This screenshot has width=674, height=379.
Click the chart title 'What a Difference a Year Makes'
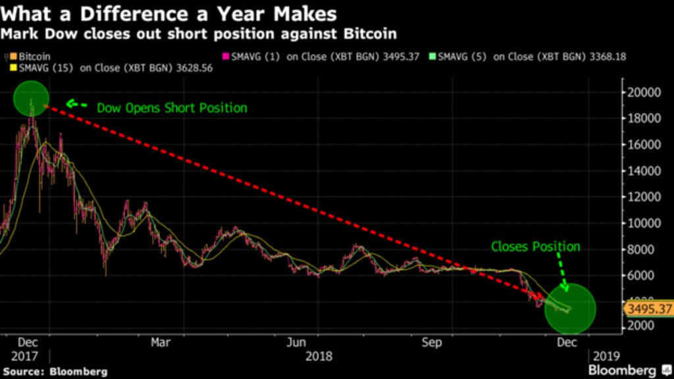[170, 13]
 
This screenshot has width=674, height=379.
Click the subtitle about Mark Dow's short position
[199, 32]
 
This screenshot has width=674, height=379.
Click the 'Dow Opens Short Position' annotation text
[172, 107]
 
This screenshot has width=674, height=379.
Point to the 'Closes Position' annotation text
[536, 247]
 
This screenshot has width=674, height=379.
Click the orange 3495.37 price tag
[648, 308]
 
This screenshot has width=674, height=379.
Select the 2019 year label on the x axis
[606, 356]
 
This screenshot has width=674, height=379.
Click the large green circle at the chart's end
[570, 308]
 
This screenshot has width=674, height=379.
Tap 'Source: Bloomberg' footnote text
[54, 372]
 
